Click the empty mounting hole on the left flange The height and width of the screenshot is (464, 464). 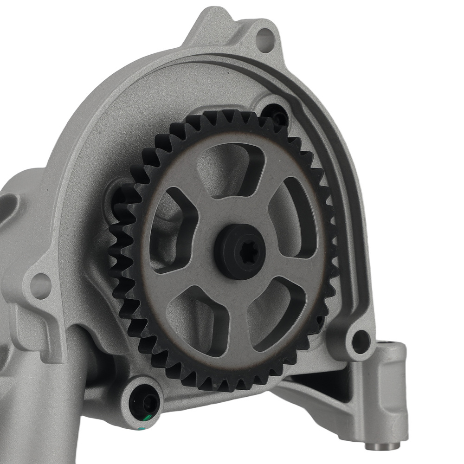(x=40, y=285)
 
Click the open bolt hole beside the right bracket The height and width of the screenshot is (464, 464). (x=360, y=342)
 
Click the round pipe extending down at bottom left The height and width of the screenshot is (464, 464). (x=28, y=418)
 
